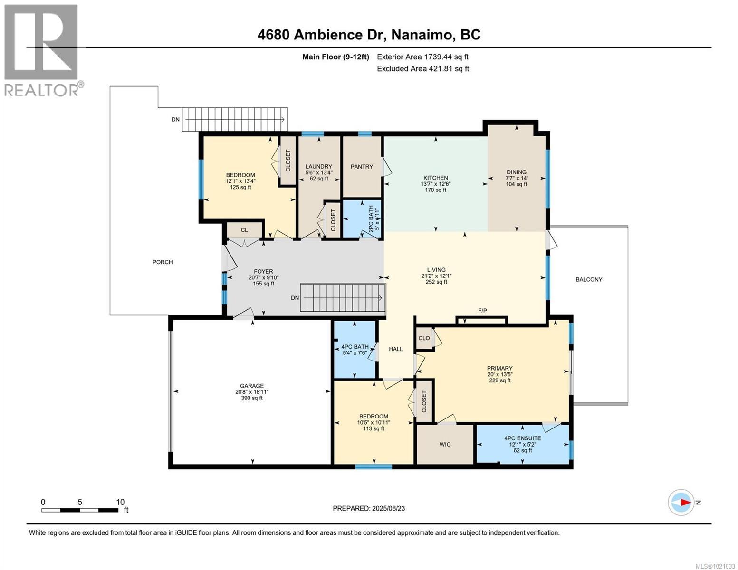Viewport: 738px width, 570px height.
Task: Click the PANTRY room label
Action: pyautogui.click(x=362, y=167)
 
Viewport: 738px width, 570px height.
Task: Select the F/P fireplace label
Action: pyautogui.click(x=482, y=311)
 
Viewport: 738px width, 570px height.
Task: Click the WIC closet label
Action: pyautogui.click(x=445, y=445)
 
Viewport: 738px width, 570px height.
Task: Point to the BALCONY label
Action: pyautogui.click(x=589, y=280)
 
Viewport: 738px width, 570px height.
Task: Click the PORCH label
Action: pyautogui.click(x=163, y=262)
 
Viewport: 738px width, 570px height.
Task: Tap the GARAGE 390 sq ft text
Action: pyautogui.click(x=252, y=398)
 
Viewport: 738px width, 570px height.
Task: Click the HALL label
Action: pyautogui.click(x=396, y=349)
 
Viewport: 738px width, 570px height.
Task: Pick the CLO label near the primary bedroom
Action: pyautogui.click(x=424, y=338)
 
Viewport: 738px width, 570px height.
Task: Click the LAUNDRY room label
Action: pyautogui.click(x=318, y=167)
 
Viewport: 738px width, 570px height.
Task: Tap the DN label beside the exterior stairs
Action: pyautogui.click(x=176, y=120)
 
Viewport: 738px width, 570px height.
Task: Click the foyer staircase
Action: pyautogui.click(x=342, y=298)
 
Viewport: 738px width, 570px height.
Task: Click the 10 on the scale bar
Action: pyautogui.click(x=120, y=502)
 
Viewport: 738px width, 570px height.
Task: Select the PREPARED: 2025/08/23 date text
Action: pyautogui.click(x=369, y=508)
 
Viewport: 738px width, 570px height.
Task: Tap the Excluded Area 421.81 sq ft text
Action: pyautogui.click(x=422, y=68)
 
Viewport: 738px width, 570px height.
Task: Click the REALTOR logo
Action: pyautogui.click(x=42, y=50)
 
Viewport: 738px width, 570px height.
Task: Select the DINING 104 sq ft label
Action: pyautogui.click(x=517, y=178)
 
